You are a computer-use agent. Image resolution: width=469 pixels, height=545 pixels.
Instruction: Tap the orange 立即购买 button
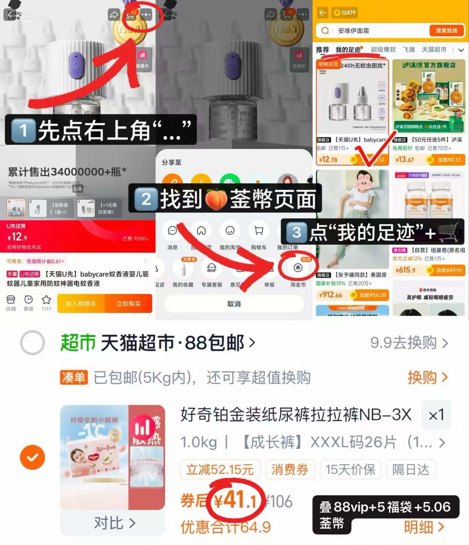128,304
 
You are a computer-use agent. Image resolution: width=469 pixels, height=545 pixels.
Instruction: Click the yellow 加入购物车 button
81,304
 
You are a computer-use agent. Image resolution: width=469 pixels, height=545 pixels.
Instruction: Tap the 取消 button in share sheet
234,304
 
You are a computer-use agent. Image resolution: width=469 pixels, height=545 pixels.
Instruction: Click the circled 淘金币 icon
298,268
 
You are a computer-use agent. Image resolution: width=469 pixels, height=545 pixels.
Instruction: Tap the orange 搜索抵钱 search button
446,30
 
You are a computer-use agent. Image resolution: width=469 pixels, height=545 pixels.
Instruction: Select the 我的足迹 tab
348,50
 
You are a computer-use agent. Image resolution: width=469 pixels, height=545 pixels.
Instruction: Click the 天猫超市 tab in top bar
434,50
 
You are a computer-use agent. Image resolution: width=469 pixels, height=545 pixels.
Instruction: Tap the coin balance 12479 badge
345,12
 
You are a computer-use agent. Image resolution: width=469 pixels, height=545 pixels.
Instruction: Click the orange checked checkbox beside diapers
32,457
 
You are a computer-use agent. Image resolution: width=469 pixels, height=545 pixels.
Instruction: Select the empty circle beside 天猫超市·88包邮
32,343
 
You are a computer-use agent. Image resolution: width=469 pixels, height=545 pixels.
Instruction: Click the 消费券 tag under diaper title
290,469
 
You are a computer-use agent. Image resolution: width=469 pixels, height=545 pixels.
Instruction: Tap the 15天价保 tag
350,469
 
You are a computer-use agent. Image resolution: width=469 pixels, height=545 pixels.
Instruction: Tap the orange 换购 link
427,377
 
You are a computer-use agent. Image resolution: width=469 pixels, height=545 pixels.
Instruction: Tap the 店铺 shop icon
11,303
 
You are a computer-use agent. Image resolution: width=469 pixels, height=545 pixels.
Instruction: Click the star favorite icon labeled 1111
46,303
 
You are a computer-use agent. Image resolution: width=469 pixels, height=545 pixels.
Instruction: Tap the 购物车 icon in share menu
259,235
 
